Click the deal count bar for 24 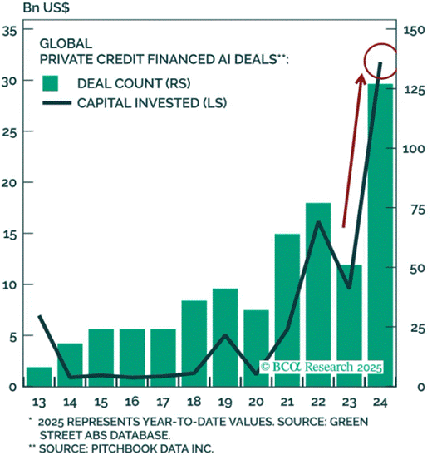tap(380, 237)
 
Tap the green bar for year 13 tap(39, 377)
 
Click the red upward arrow tap(351, 150)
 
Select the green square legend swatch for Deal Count tap(52, 83)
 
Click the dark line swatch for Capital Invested tap(55, 104)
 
